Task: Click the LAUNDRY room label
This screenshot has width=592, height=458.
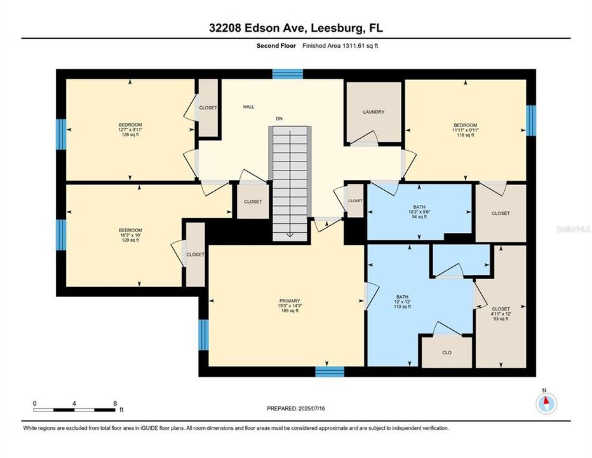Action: [x=373, y=112]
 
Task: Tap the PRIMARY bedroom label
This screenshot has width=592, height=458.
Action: [x=289, y=301]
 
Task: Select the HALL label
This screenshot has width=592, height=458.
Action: [x=248, y=107]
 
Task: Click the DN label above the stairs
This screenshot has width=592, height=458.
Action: [x=278, y=118]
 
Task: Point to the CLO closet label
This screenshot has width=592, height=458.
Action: [x=447, y=352]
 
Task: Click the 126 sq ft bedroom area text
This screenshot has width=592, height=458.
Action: [x=130, y=135]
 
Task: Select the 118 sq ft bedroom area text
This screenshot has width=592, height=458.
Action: [x=465, y=135]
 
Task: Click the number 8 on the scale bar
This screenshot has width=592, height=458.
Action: [x=114, y=403]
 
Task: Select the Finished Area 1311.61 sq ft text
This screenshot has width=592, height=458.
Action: [x=340, y=46]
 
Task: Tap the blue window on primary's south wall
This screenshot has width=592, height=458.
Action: [x=330, y=372]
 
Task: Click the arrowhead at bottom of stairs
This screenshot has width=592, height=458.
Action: [x=290, y=235]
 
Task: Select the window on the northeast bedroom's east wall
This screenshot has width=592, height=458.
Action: [x=532, y=121]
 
